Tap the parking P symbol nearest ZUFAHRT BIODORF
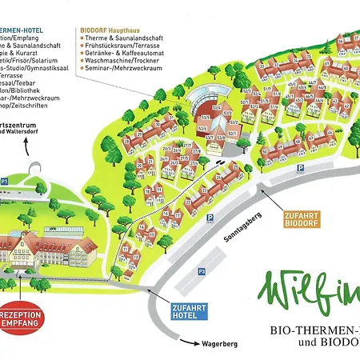tap(299, 169)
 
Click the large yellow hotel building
tap(48, 248)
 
